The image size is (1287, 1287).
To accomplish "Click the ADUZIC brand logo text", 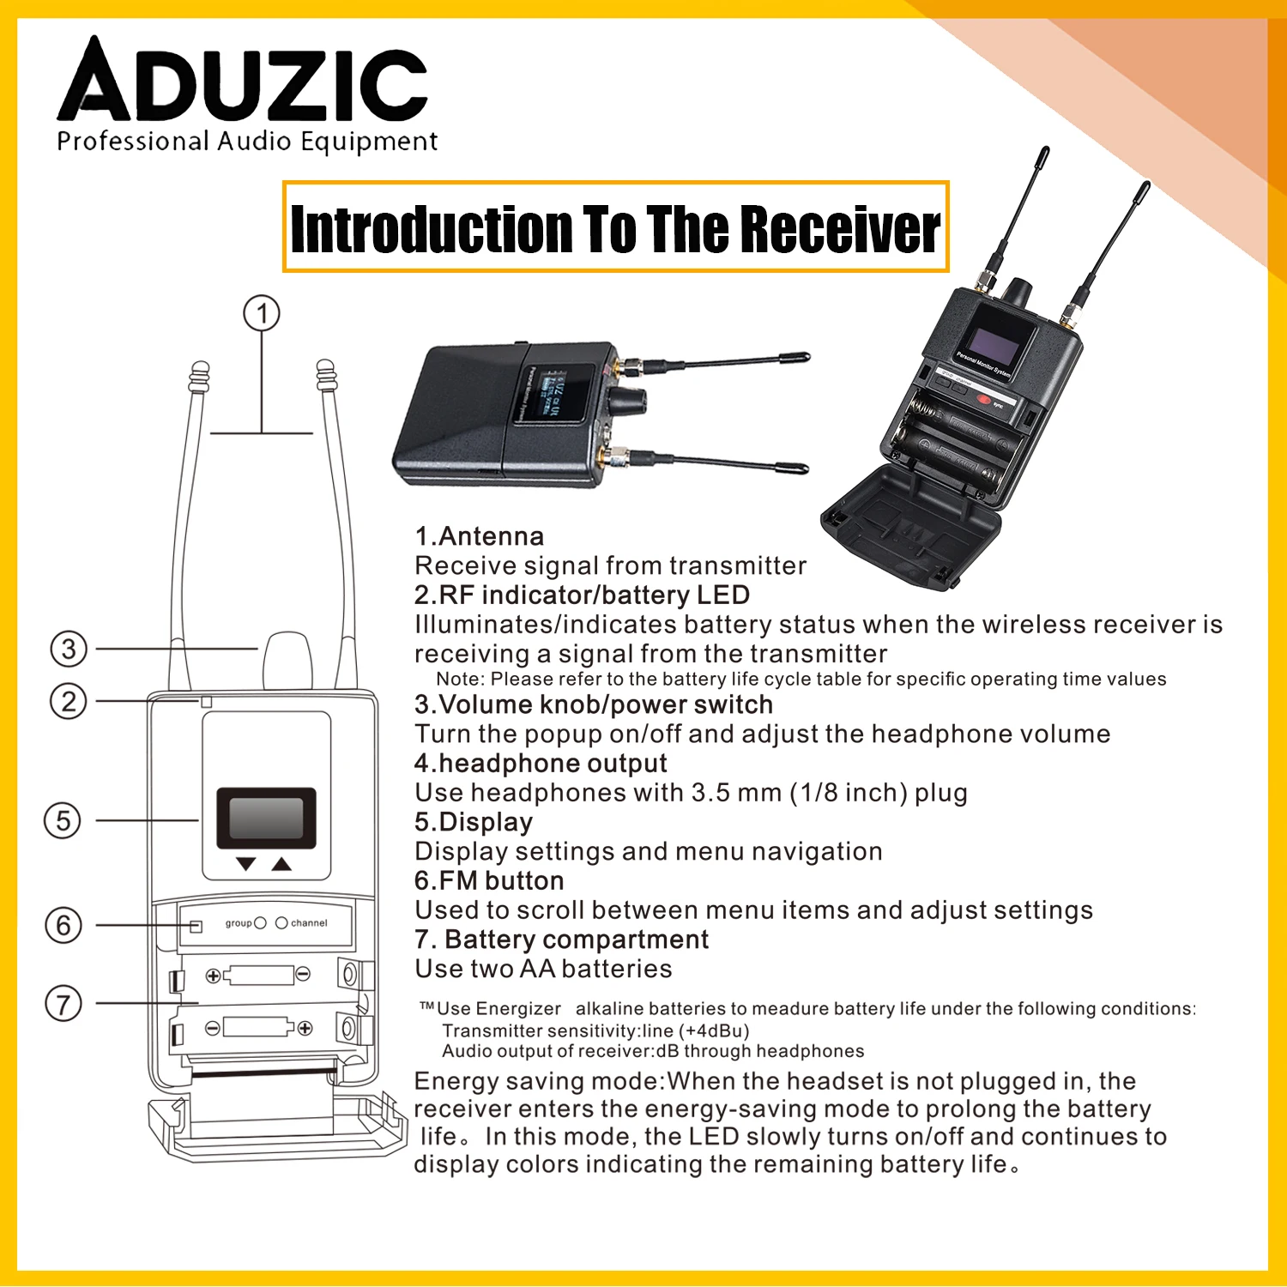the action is pos(243,79).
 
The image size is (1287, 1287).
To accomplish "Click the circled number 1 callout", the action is pos(262,313).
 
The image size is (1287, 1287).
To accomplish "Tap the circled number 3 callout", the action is pos(69,649).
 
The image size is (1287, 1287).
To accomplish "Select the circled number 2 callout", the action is pos(69,701).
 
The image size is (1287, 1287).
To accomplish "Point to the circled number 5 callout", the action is pos(63,820).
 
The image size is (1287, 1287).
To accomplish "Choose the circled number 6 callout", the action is pos(63,925).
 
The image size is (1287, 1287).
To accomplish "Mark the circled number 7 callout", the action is pos(63,1003).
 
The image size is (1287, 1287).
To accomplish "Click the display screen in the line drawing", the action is pos(266,818).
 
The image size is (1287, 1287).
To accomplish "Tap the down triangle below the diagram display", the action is pos(246,864).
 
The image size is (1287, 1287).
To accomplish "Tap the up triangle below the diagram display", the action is pos(281,864).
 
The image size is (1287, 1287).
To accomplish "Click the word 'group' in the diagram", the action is pos(239,923).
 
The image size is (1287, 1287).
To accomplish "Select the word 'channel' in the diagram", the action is pos(309,923).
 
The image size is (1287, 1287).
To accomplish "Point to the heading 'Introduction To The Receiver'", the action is pos(615,227).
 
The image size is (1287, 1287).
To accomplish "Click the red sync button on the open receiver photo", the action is pos(984,398).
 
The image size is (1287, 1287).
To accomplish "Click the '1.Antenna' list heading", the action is pos(479,536).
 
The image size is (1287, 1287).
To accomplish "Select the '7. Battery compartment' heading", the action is pos(562,940).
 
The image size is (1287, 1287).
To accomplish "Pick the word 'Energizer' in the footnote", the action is pos(518,1009).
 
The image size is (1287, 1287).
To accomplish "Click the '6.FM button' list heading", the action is pos(489,880).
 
